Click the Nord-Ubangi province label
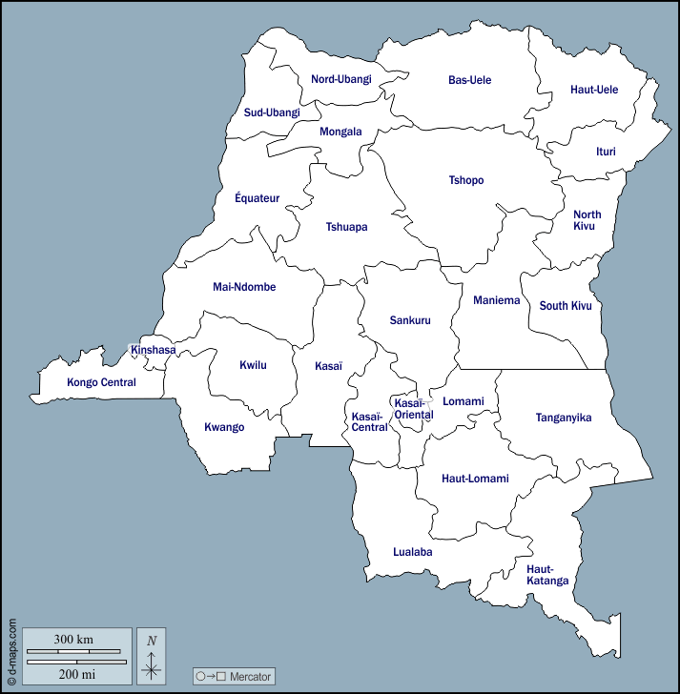click(340, 79)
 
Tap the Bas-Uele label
click(469, 80)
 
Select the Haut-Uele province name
click(594, 90)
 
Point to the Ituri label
click(606, 152)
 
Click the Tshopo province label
click(466, 180)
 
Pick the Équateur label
click(258, 198)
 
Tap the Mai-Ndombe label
click(244, 286)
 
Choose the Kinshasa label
click(153, 350)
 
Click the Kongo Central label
click(101, 382)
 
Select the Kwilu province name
click(253, 364)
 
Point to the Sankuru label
click(410, 320)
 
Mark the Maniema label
click(497, 300)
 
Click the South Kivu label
click(566, 306)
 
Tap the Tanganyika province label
click(564, 418)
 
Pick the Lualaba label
click(413, 552)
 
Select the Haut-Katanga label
click(547, 575)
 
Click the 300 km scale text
click(73, 638)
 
